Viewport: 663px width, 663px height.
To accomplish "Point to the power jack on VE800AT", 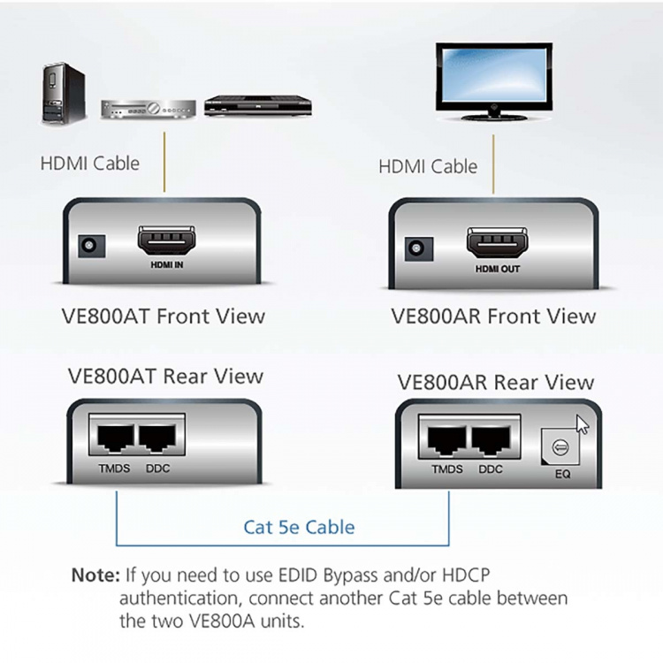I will pos(89,246).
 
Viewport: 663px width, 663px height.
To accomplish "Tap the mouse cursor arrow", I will pos(583,425).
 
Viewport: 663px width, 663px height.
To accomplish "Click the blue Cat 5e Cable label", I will pos(299,528).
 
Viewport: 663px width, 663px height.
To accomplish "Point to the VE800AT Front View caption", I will pos(165,316).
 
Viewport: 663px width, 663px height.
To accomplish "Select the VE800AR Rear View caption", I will pos(496,382).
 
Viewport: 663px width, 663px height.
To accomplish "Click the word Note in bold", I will pos(95,575).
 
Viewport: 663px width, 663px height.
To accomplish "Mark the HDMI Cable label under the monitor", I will pos(428,166).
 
